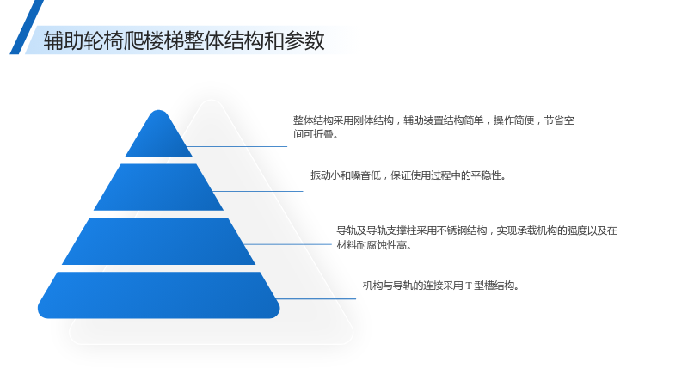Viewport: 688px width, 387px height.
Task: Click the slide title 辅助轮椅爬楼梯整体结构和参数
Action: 184,40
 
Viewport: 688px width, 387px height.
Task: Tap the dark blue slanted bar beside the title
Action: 27,28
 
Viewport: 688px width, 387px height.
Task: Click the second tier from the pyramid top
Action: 158,187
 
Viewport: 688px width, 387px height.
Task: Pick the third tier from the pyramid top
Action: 158,242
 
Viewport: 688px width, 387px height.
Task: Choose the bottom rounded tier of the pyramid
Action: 158,295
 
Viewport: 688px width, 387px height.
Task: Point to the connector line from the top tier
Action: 237,146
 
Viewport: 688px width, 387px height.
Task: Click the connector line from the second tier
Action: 258,191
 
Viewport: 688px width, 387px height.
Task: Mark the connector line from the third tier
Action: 288,244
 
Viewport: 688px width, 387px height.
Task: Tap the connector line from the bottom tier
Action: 316,298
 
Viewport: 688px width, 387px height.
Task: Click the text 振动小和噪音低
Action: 346,175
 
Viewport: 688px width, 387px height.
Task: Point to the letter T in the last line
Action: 469,286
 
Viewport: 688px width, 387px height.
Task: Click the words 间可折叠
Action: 314,134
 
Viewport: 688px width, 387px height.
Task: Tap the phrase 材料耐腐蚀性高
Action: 372,245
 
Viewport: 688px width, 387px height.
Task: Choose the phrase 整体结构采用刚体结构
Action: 343,120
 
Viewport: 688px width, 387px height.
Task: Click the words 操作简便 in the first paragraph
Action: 513,120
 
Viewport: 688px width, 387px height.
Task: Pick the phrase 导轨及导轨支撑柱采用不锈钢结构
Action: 412,230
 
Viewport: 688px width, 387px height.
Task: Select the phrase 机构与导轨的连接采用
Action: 413,286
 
